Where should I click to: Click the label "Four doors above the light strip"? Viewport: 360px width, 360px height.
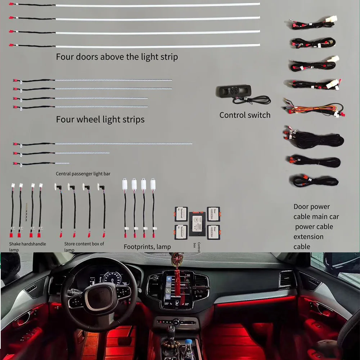point(117,57)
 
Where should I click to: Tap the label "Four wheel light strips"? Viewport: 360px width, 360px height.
point(100,119)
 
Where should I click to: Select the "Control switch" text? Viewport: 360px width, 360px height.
point(245,115)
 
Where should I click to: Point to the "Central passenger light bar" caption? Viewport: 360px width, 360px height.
point(83,174)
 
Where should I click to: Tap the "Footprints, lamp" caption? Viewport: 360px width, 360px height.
point(147,247)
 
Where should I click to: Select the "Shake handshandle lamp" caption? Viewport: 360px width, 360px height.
point(28,247)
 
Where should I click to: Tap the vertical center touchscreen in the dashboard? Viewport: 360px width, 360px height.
point(176,290)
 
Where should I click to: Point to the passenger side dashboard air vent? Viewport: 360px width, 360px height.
point(287,279)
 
